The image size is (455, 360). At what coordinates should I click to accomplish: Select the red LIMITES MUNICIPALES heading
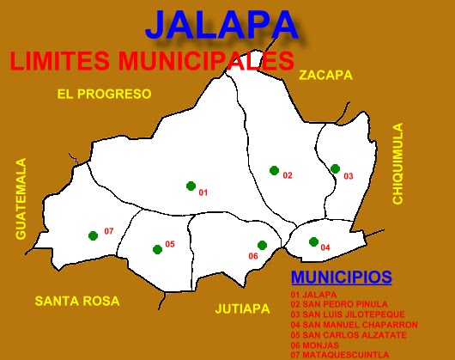click(151, 61)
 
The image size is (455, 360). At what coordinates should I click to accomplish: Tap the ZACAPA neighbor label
click(325, 76)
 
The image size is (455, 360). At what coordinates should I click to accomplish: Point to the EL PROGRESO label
click(104, 94)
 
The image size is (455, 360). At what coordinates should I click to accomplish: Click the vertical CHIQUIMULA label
click(397, 163)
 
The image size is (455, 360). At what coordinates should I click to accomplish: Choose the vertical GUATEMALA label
click(21, 198)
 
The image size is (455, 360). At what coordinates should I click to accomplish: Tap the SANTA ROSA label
click(76, 301)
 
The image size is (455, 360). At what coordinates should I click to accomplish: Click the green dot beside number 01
click(191, 185)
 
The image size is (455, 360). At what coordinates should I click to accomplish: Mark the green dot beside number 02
click(274, 170)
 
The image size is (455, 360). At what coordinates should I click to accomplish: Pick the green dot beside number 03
click(335, 168)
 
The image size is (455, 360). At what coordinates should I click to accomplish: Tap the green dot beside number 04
click(313, 241)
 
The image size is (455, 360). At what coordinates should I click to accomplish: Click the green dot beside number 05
click(157, 249)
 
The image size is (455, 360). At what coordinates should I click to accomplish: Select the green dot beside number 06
click(262, 245)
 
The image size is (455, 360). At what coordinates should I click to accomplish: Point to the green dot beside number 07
click(93, 235)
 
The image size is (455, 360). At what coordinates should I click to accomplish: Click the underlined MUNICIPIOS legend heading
click(342, 278)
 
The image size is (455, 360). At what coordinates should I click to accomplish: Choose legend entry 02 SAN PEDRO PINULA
click(338, 304)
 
